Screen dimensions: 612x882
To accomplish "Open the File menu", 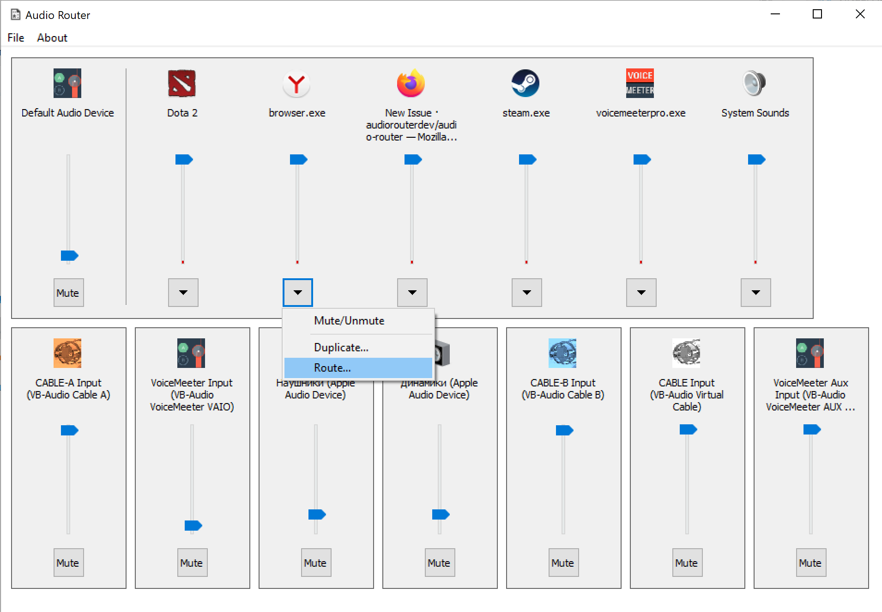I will (x=16, y=38).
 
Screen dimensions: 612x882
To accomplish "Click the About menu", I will (x=52, y=38).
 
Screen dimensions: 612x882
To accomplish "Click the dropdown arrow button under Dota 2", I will (x=183, y=293).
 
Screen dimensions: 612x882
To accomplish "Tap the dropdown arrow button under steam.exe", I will (x=527, y=293).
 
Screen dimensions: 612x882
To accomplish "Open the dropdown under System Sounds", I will (x=756, y=293).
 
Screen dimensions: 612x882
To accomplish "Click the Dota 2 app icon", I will (x=182, y=84).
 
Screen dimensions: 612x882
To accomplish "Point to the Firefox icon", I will (x=411, y=84).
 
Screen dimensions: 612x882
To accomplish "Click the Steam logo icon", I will (x=526, y=84).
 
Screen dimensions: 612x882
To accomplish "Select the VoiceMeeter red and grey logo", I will (x=640, y=84).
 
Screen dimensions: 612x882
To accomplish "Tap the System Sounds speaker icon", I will (x=755, y=84).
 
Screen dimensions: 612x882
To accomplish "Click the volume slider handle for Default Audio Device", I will (x=69, y=256).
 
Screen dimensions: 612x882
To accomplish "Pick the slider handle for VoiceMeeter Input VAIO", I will (x=193, y=526).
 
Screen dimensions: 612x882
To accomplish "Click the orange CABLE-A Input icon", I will (x=67, y=353).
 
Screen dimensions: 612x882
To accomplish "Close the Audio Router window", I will (x=860, y=14).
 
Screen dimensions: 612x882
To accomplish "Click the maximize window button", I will (x=817, y=14).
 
